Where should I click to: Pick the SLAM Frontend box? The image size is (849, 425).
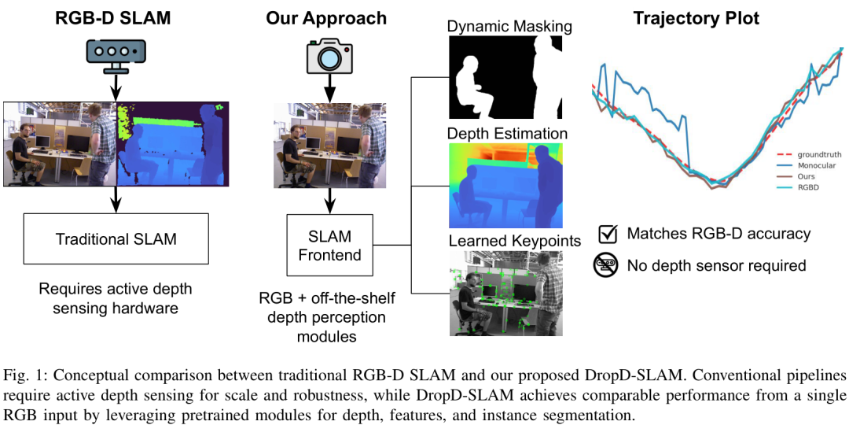coord(329,245)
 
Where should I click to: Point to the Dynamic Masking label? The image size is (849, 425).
coord(509,27)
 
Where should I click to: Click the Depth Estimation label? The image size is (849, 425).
coord(507,133)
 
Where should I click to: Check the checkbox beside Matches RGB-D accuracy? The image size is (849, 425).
coord(608,234)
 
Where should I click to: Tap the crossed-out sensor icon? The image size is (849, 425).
coord(606,266)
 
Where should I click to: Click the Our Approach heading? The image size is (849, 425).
coord(326,17)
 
